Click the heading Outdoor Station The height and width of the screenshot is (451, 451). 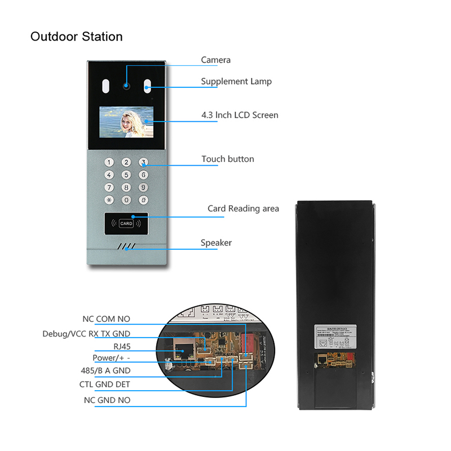click(76, 37)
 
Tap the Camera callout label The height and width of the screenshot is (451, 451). click(215, 60)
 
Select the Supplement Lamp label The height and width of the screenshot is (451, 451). click(236, 81)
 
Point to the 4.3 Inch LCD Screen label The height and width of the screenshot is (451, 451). click(240, 115)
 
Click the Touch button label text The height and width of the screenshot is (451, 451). click(228, 159)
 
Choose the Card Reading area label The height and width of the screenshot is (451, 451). click(243, 209)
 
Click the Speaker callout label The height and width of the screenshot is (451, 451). click(216, 243)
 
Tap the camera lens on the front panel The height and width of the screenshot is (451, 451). click(126, 87)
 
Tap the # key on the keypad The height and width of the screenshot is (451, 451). click(144, 200)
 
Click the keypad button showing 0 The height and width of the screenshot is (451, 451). click(127, 200)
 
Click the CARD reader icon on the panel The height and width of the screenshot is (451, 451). click(126, 223)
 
